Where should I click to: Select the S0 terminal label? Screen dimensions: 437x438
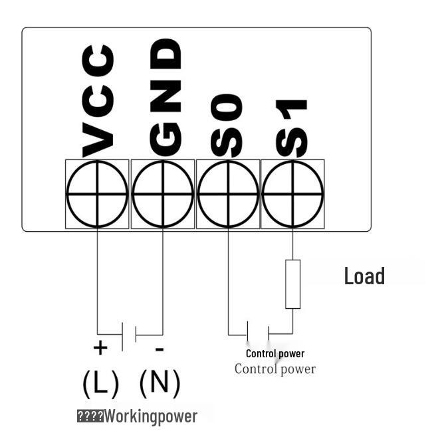coord(227,126)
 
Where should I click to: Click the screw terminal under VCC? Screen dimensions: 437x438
coord(97,194)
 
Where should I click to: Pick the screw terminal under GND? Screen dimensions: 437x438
coord(163,194)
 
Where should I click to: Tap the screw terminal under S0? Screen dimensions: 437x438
coord(228,194)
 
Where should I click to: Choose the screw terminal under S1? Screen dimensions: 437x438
coord(292,194)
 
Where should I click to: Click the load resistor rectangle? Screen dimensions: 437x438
coord(292,284)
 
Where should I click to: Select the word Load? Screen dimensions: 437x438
coord(364,276)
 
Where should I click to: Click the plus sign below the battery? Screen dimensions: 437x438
coord(100,347)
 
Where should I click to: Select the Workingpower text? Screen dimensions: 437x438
coord(160,416)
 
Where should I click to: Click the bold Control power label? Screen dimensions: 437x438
coord(274,353)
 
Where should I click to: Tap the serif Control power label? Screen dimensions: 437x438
coord(274,369)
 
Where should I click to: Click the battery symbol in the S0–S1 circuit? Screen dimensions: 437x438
coord(259,333)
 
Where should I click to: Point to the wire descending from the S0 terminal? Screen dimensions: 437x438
coord(228,279)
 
